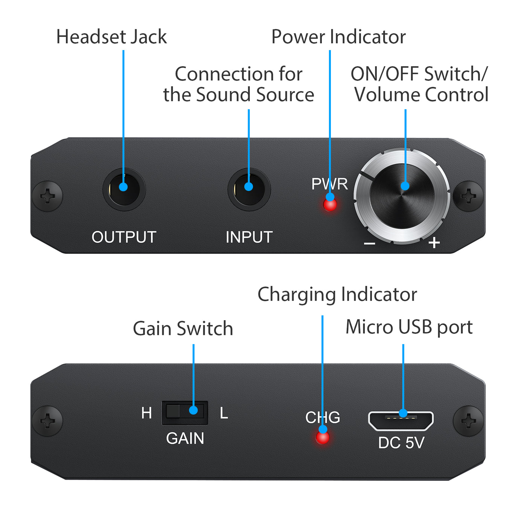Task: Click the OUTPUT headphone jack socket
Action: [x=124, y=189]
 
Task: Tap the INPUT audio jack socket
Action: [x=249, y=189]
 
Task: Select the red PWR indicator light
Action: [x=330, y=205]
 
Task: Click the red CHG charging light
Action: [x=322, y=437]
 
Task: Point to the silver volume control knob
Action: [x=402, y=196]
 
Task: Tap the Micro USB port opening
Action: [x=401, y=421]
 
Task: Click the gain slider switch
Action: [x=185, y=412]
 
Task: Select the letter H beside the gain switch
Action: [x=146, y=413]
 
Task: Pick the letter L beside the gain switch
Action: [x=224, y=413]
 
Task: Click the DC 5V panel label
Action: [x=401, y=443]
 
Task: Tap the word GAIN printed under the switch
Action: [x=185, y=438]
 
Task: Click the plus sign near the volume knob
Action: [x=434, y=243]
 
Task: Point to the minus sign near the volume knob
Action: [x=369, y=244]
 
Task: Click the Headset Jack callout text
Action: [x=112, y=37]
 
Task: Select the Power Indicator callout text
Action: [x=338, y=37]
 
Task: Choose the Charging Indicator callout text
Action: [x=337, y=294]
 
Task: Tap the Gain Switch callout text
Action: [x=183, y=328]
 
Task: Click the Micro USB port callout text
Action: [x=409, y=327]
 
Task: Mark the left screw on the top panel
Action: [x=47, y=196]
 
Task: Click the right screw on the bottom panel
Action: [x=468, y=421]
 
